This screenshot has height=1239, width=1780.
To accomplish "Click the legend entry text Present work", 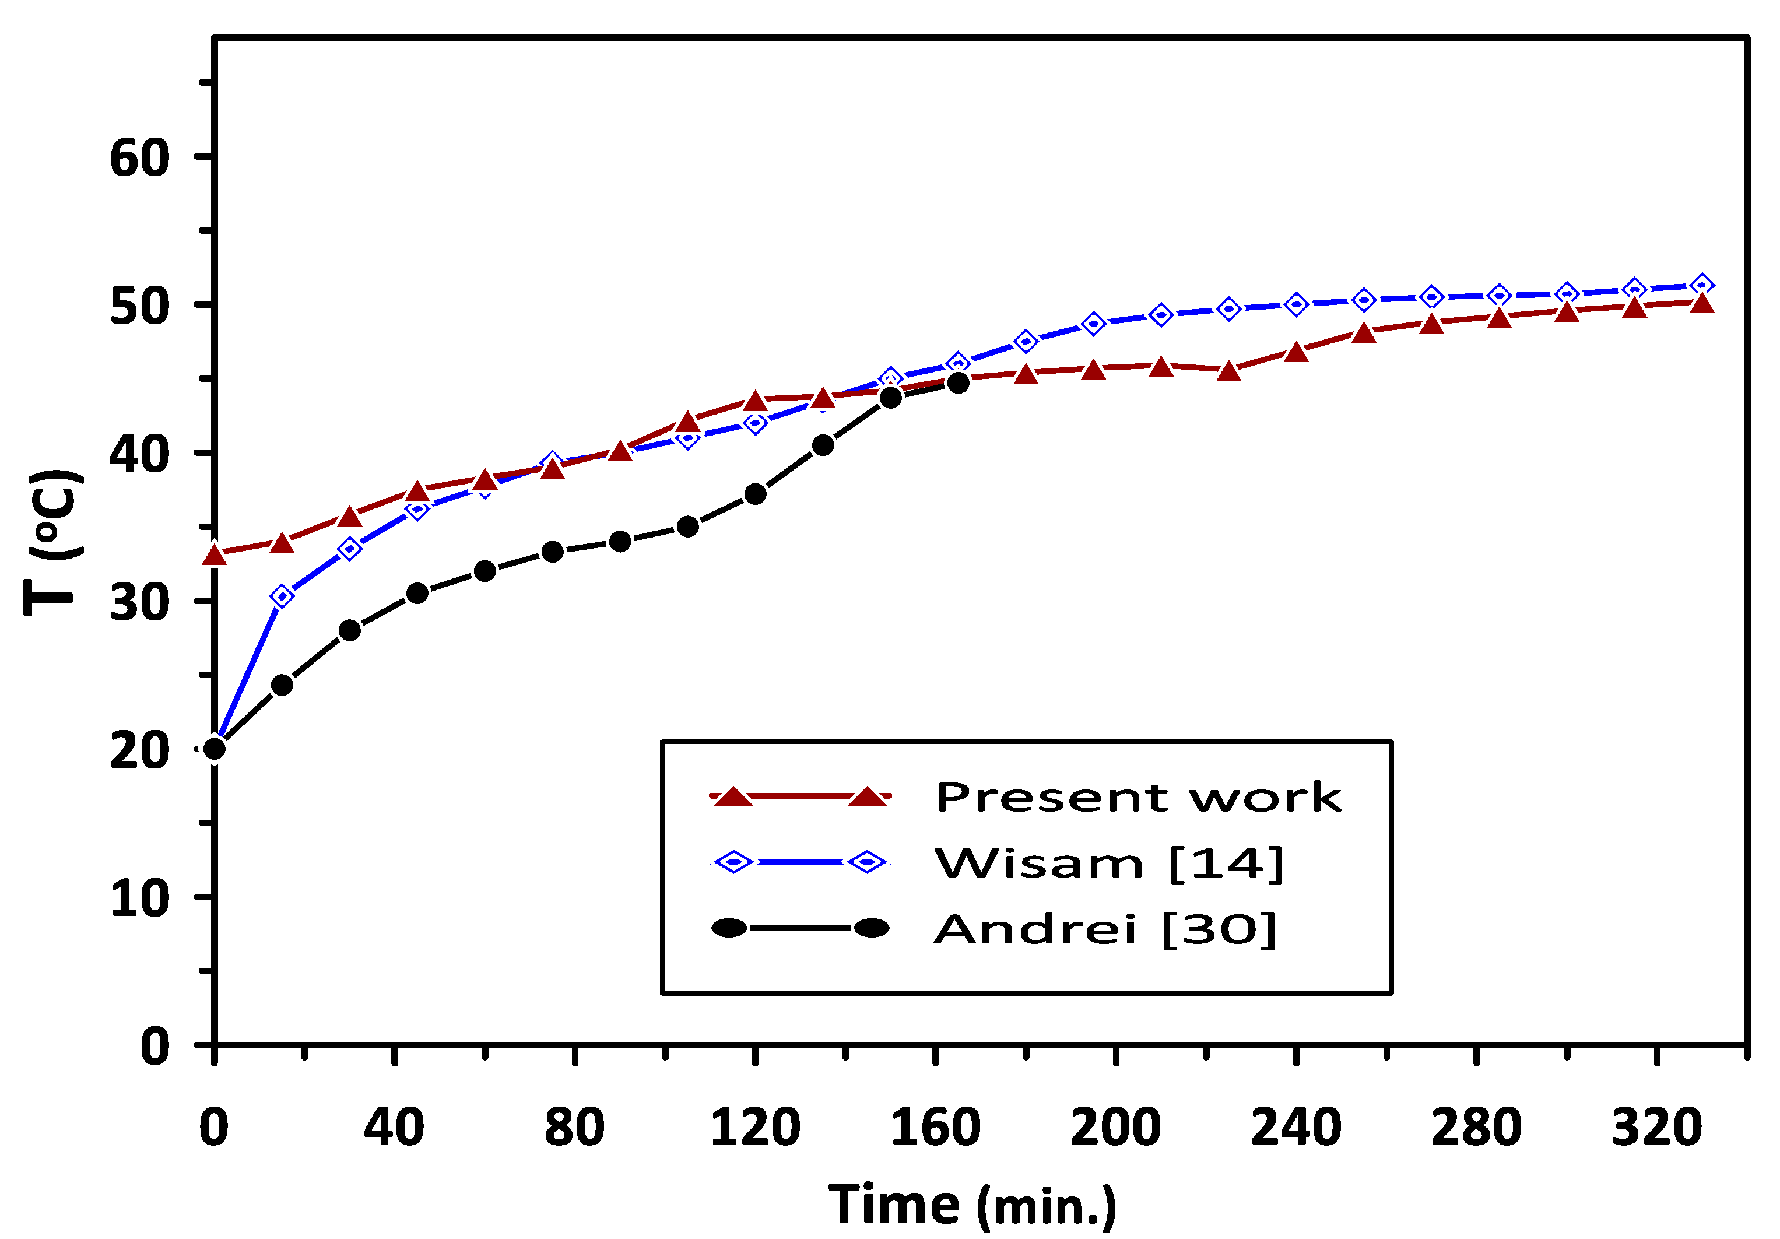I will (1138, 798).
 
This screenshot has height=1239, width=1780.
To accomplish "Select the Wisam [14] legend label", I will (1108, 864).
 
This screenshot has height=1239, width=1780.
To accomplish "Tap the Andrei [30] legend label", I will (1105, 929).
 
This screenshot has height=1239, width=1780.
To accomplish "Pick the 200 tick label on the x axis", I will (1115, 1128).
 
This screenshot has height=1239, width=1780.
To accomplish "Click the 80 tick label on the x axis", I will (574, 1128).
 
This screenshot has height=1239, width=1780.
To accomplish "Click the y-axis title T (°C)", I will (52, 542).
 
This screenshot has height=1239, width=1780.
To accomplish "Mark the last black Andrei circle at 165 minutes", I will (959, 383).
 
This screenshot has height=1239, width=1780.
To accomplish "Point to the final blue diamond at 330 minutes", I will (1702, 285).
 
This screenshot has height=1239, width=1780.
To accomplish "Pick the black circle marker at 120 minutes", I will (755, 494).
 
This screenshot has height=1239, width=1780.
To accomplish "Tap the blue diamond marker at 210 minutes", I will (1161, 315).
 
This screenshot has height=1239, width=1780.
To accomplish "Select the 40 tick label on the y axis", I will (139, 455).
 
